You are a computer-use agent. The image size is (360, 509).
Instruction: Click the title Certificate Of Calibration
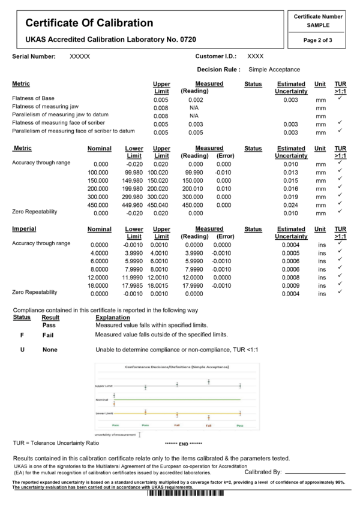click(89, 23)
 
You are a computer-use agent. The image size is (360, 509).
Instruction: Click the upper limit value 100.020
click(161, 172)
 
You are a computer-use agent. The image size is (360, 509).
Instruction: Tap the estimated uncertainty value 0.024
click(292, 204)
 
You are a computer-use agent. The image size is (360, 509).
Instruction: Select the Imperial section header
click(24, 229)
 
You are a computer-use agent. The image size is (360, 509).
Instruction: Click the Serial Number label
click(34, 56)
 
